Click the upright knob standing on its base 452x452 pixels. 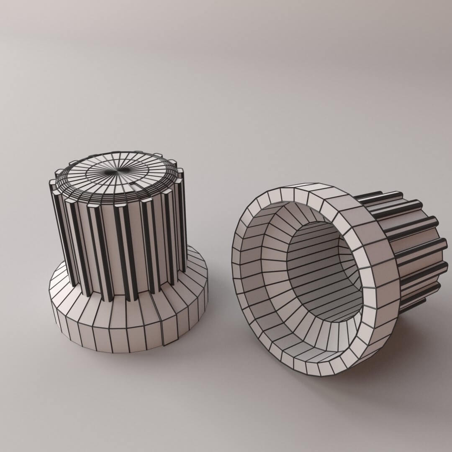[x=126, y=251]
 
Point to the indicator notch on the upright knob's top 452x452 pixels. [x=135, y=184]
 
